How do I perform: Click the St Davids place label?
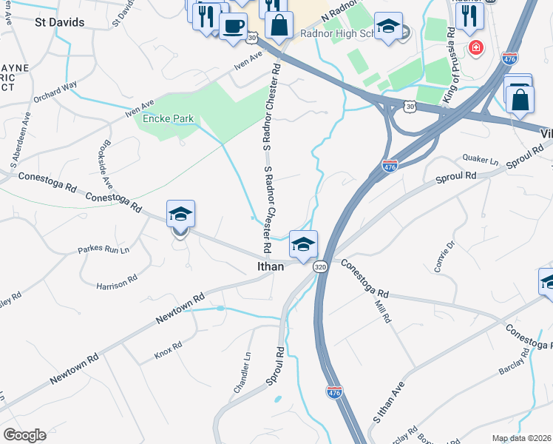[60, 22]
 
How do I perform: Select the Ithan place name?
[270, 266]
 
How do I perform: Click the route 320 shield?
[320, 266]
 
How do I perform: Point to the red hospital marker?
[475, 48]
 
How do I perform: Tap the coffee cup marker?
[233, 26]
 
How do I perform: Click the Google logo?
[24, 435]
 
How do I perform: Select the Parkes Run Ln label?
[104, 250]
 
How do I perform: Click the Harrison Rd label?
[117, 283]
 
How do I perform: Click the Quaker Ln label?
[481, 158]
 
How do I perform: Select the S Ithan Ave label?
[389, 402]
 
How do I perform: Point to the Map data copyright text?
[522, 438]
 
